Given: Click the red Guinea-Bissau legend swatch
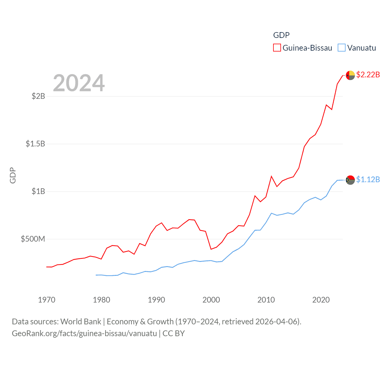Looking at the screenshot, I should tap(277, 48).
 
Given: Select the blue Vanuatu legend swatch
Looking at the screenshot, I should tap(342, 48).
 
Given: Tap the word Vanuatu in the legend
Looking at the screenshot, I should tap(362, 48).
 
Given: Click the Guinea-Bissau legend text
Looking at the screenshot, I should tap(307, 48).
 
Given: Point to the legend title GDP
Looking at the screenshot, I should tap(281, 35).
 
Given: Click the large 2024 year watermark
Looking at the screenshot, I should tap(79, 83).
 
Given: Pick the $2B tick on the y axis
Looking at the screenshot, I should tap(38, 96).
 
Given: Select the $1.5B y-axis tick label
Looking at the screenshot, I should tap(35, 144).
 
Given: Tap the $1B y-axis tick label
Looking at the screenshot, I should tap(38, 191).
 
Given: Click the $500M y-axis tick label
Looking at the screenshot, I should tap(33, 239).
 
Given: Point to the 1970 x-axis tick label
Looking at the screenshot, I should tap(47, 300).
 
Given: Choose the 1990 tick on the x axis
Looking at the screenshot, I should tap(156, 300).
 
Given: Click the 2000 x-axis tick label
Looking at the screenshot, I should tap(211, 300).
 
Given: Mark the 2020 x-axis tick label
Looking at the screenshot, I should tap(321, 300).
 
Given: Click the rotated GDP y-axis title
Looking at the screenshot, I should tap(13, 175).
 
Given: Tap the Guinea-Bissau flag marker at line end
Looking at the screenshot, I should tap(350, 75).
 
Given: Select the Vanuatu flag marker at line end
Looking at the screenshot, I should tap(350, 180).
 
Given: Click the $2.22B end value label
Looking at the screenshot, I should tap(368, 75).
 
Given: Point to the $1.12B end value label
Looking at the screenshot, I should tap(368, 179).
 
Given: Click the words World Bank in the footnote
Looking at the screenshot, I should tap(81, 321).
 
